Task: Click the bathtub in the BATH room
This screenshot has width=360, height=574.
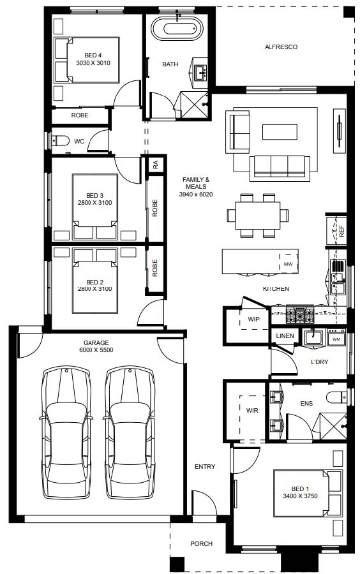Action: point(177,29)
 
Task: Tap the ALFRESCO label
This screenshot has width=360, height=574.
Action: point(281,47)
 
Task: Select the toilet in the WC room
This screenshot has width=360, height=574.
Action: point(61,140)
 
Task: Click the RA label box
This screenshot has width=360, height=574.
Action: point(156,165)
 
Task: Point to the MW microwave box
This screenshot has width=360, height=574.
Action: point(289,263)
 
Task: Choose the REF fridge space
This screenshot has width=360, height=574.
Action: point(337,231)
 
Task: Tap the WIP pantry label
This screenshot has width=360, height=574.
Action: point(253,320)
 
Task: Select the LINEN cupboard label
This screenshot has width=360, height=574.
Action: point(285,335)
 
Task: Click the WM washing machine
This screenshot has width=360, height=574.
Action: point(336,337)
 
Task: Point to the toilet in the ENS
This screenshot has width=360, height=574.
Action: point(337,397)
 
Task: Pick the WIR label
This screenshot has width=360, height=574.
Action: point(252,410)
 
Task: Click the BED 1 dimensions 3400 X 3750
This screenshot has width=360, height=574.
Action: point(300,496)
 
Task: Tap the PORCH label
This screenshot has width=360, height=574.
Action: point(201,543)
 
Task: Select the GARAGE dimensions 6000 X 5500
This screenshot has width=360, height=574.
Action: point(96,350)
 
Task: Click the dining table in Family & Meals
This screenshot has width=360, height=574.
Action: point(258,216)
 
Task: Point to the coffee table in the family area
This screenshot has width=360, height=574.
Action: point(280,132)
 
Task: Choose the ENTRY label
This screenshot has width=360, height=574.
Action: point(205,466)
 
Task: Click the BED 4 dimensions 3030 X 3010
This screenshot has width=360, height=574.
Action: point(93,63)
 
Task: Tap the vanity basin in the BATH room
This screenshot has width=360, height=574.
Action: point(200,73)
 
